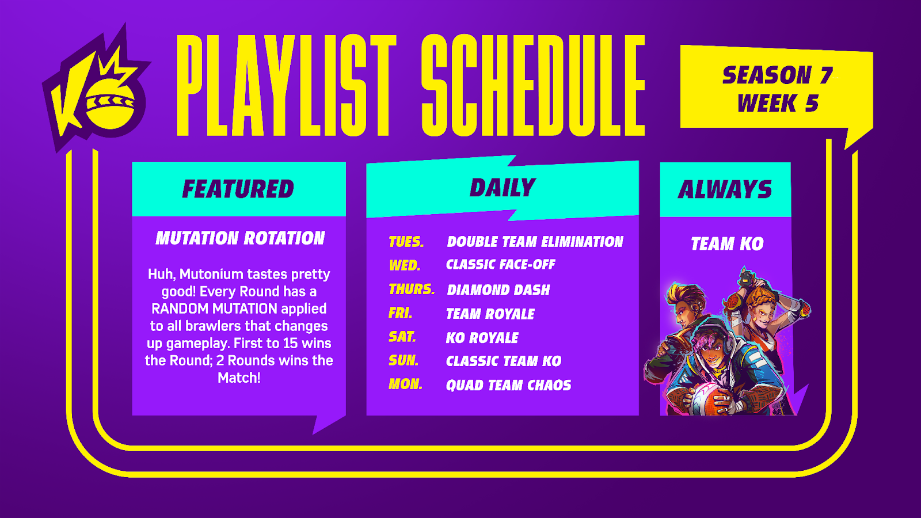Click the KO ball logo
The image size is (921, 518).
97,88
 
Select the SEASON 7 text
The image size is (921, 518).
777,75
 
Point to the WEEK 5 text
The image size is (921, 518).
778,103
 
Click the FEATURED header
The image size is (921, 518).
238,189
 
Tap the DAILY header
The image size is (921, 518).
503,188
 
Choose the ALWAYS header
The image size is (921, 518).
725,189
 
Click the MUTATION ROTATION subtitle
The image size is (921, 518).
240,238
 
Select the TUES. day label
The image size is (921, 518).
406,242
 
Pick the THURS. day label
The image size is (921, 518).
412,290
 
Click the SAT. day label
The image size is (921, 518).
402,337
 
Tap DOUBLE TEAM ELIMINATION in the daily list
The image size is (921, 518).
535,242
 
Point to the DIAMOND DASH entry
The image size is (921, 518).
498,290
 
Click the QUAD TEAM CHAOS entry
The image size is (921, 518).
509,385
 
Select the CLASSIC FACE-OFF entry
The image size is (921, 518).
501,264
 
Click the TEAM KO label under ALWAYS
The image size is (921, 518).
727,244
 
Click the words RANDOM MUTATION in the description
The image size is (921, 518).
214,308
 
